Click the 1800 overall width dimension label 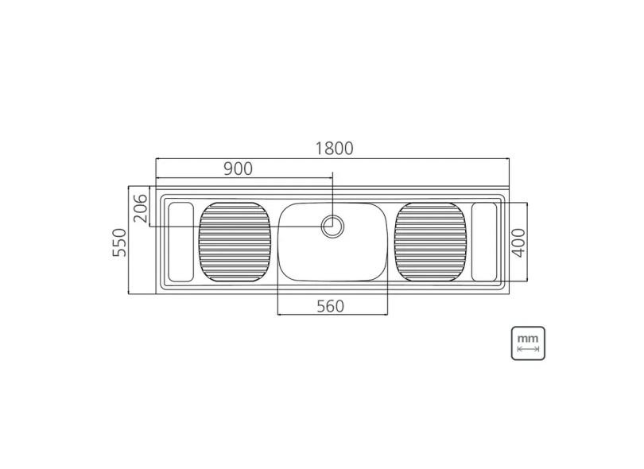coord(333,148)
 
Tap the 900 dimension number coord(238,169)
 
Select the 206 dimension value coord(140,207)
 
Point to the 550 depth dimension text coord(120,242)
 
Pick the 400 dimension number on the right coord(518,242)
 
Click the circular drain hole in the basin coord(333,226)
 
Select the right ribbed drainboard coord(432,241)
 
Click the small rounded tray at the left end coord(180,241)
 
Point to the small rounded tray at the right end coord(485,241)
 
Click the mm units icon coord(528,343)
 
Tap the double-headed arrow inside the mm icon coord(528,348)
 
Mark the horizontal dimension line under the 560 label coord(332,315)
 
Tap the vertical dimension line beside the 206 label coord(149,207)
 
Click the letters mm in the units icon coord(528,338)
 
